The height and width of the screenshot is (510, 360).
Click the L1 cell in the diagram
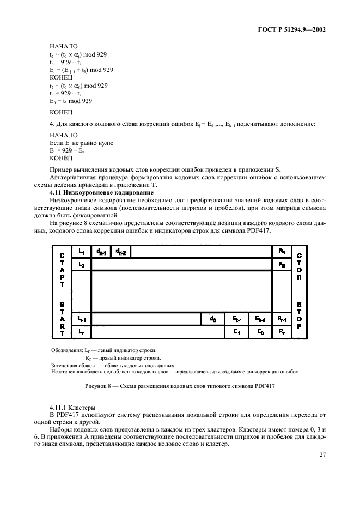[x=81, y=251]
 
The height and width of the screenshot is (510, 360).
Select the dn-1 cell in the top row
[x=101, y=251]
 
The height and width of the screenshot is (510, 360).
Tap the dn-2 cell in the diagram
[x=120, y=251]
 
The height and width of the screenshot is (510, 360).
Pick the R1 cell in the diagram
[x=282, y=251]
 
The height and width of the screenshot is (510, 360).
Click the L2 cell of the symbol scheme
[x=81, y=264]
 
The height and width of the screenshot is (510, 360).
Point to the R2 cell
[x=282, y=264]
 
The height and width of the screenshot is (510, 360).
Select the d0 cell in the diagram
[x=212, y=319]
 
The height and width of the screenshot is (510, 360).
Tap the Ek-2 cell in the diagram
[x=260, y=319]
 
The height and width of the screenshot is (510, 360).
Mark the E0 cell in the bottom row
[x=260, y=331]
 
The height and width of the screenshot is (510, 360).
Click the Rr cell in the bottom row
[x=282, y=331]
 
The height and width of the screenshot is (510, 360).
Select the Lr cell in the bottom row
[x=81, y=331]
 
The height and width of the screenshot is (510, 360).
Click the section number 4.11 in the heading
[x=56, y=193]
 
